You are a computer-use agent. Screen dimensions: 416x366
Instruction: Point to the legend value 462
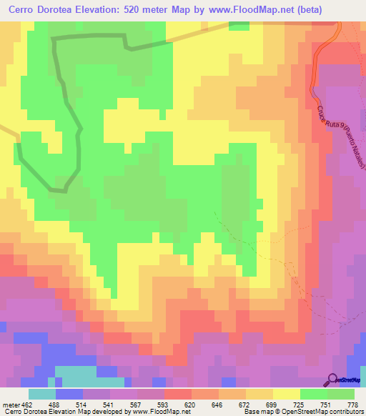[27, 404]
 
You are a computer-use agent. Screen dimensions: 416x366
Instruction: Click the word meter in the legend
[10, 404]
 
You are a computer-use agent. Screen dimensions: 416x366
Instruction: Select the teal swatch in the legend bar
[42, 394]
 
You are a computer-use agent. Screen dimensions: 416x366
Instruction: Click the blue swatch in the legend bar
[69, 394]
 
